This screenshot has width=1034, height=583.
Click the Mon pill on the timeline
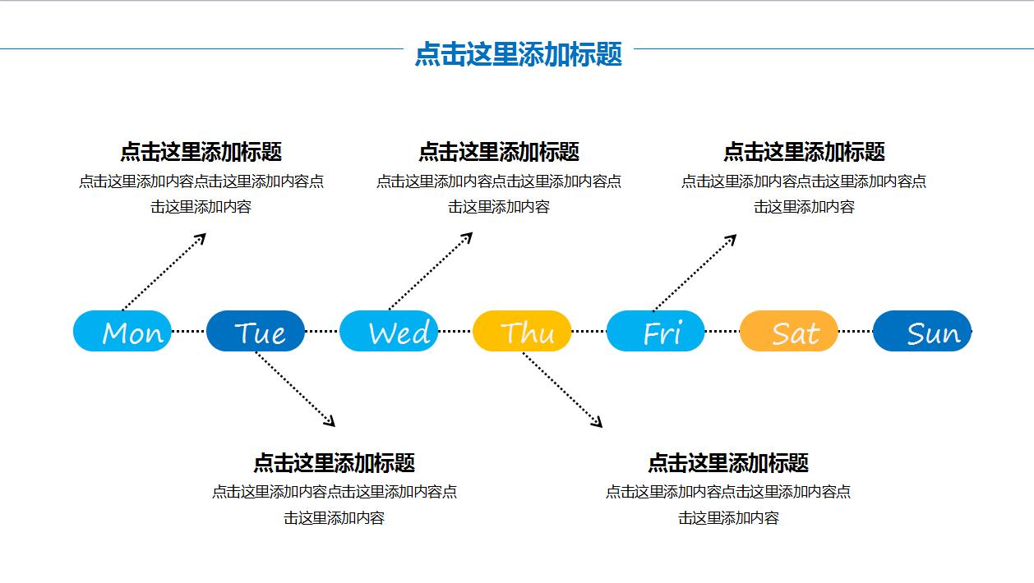pyautogui.click(x=122, y=331)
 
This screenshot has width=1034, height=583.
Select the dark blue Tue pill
pyautogui.click(x=256, y=331)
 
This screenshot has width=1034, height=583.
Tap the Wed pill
pyautogui.click(x=389, y=331)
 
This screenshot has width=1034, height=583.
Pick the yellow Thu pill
pyautogui.click(x=522, y=331)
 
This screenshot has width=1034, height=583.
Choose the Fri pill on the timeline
pyautogui.click(x=655, y=331)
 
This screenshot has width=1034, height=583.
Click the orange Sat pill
pyautogui.click(x=789, y=331)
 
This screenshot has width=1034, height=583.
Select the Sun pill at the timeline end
pyautogui.click(x=922, y=331)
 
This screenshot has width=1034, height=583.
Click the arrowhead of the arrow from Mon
pyautogui.click(x=201, y=237)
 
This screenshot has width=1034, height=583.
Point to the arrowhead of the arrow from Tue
pyautogui.click(x=330, y=422)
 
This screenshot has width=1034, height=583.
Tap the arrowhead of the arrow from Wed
pyautogui.click(x=468, y=236)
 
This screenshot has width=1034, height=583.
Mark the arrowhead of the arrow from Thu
pyautogui.click(x=598, y=423)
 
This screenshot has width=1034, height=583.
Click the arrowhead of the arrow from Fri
pyautogui.click(x=732, y=238)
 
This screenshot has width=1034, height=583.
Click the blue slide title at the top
pyautogui.click(x=518, y=54)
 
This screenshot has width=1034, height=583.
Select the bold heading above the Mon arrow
pyautogui.click(x=201, y=152)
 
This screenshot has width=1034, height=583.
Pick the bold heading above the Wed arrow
pyautogui.click(x=499, y=152)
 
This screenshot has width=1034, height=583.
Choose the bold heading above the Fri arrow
pyautogui.click(x=804, y=152)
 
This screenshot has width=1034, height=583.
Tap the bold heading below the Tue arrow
pyautogui.click(x=334, y=462)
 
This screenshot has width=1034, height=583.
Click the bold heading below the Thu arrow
pyautogui.click(x=728, y=462)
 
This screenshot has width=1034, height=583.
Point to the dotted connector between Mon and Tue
pyautogui.click(x=189, y=332)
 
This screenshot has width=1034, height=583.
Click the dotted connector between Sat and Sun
pyautogui.click(x=855, y=332)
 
